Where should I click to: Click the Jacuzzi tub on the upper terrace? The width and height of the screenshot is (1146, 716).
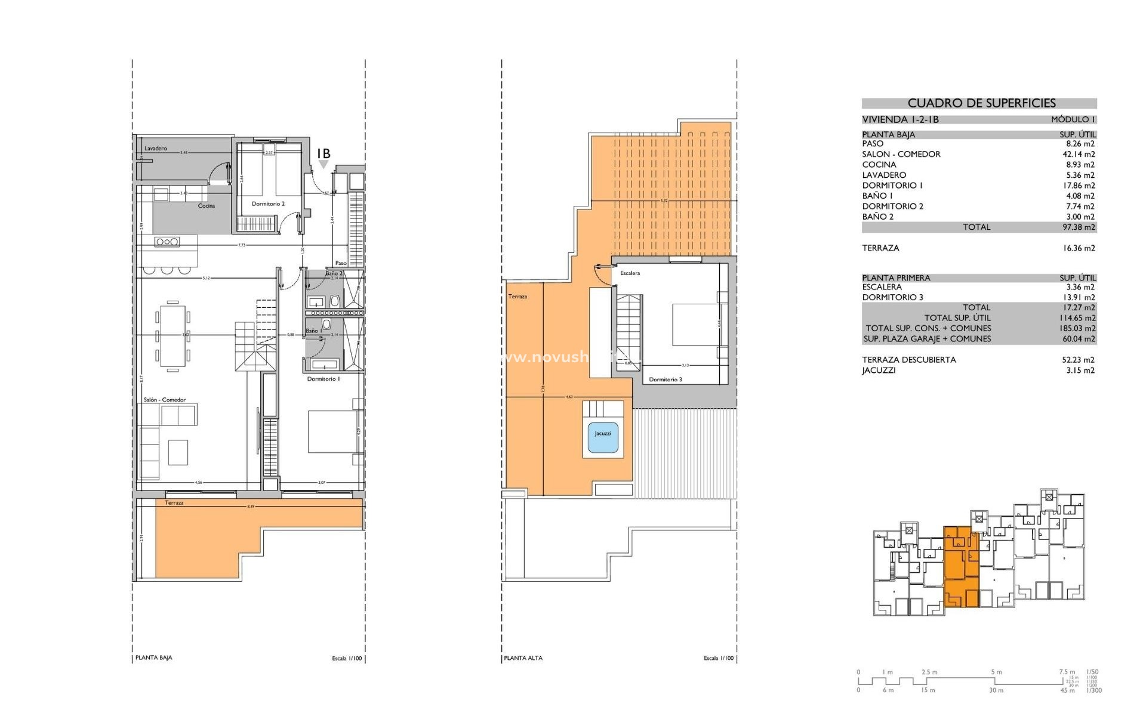coord(603,434)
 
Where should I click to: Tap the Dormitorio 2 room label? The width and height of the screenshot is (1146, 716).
coord(268,204)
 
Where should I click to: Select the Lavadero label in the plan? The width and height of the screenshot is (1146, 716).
coord(156,149)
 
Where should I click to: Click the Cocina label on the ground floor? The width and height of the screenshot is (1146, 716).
coord(207,206)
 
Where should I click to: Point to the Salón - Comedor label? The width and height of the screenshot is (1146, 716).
coord(165,400)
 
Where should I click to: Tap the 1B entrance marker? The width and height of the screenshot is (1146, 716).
coord(324,154)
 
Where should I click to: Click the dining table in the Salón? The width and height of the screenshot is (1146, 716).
coord(172,337)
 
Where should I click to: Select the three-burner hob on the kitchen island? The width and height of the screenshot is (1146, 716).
coord(167,242)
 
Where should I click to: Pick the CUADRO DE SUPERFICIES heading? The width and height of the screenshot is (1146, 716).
coord(981,103)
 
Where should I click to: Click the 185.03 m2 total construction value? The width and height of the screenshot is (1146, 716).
coord(1077,328)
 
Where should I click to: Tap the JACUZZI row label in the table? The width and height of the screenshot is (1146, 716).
coord(879,371)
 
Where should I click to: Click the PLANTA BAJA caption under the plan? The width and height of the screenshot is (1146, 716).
coord(154,658)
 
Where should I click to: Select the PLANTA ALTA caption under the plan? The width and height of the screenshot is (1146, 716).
coord(523,658)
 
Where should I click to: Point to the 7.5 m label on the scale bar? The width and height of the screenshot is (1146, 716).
coord(1067,672)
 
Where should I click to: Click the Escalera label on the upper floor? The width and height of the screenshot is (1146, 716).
coord(630,273)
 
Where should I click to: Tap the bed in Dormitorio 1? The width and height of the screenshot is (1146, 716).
coord(331,431)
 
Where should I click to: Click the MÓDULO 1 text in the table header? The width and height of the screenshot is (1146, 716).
coord(1073,119)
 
